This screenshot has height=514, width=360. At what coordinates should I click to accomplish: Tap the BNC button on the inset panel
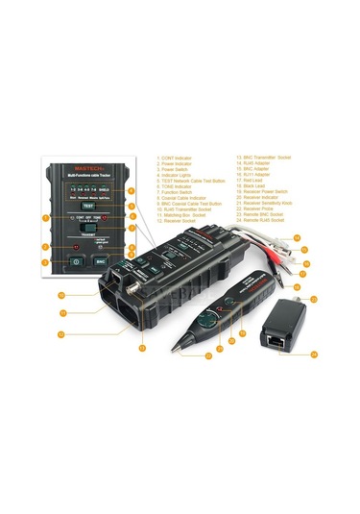click(x=100, y=260)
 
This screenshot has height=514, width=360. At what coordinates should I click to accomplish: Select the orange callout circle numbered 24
click(x=313, y=354)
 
